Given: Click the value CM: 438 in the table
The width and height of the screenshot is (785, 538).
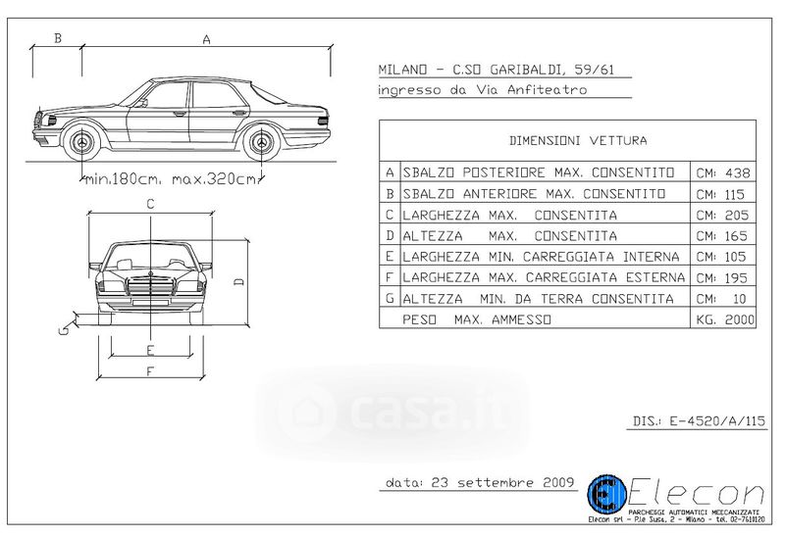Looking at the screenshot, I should click(x=722, y=172).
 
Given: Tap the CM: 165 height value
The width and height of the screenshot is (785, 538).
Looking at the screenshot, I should click(x=722, y=236).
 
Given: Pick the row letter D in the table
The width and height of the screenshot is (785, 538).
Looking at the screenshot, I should click(x=390, y=236).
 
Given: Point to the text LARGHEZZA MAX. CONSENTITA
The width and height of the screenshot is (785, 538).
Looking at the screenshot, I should click(x=509, y=215).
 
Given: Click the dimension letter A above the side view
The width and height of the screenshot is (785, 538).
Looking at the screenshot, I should click(x=206, y=39).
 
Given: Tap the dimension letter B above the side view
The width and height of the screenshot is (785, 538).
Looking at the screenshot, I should click(x=58, y=39).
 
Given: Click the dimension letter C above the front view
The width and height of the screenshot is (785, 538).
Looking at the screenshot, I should click(x=150, y=205).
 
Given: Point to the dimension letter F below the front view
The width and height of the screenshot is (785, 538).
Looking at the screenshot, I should click(x=149, y=371).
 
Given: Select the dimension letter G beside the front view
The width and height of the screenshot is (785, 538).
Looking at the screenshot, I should click(x=62, y=329).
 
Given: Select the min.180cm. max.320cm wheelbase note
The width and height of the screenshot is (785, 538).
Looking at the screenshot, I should click(x=172, y=179).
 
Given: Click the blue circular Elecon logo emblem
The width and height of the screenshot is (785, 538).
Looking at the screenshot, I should click(x=605, y=496).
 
